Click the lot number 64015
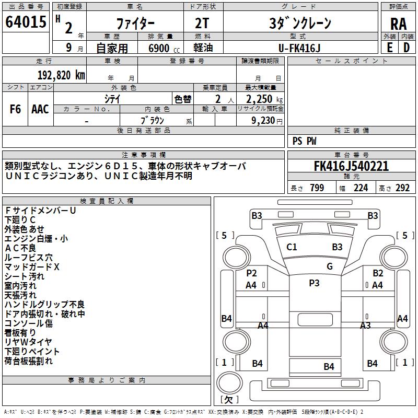point(26,21)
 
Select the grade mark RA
point(398,24)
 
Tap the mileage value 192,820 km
point(61,75)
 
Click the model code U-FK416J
point(299,48)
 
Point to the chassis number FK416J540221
point(351,166)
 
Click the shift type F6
point(15,109)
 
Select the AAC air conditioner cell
point(40,109)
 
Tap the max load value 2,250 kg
point(264,99)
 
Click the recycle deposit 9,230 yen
point(266,121)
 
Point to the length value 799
point(317,188)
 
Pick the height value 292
point(402,188)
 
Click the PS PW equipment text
point(304,141)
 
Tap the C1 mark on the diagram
point(292,247)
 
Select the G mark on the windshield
point(330,266)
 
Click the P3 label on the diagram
point(314,283)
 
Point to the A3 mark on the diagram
point(365,325)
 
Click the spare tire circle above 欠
point(229,382)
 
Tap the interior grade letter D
point(407,48)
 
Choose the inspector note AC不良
point(20,248)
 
